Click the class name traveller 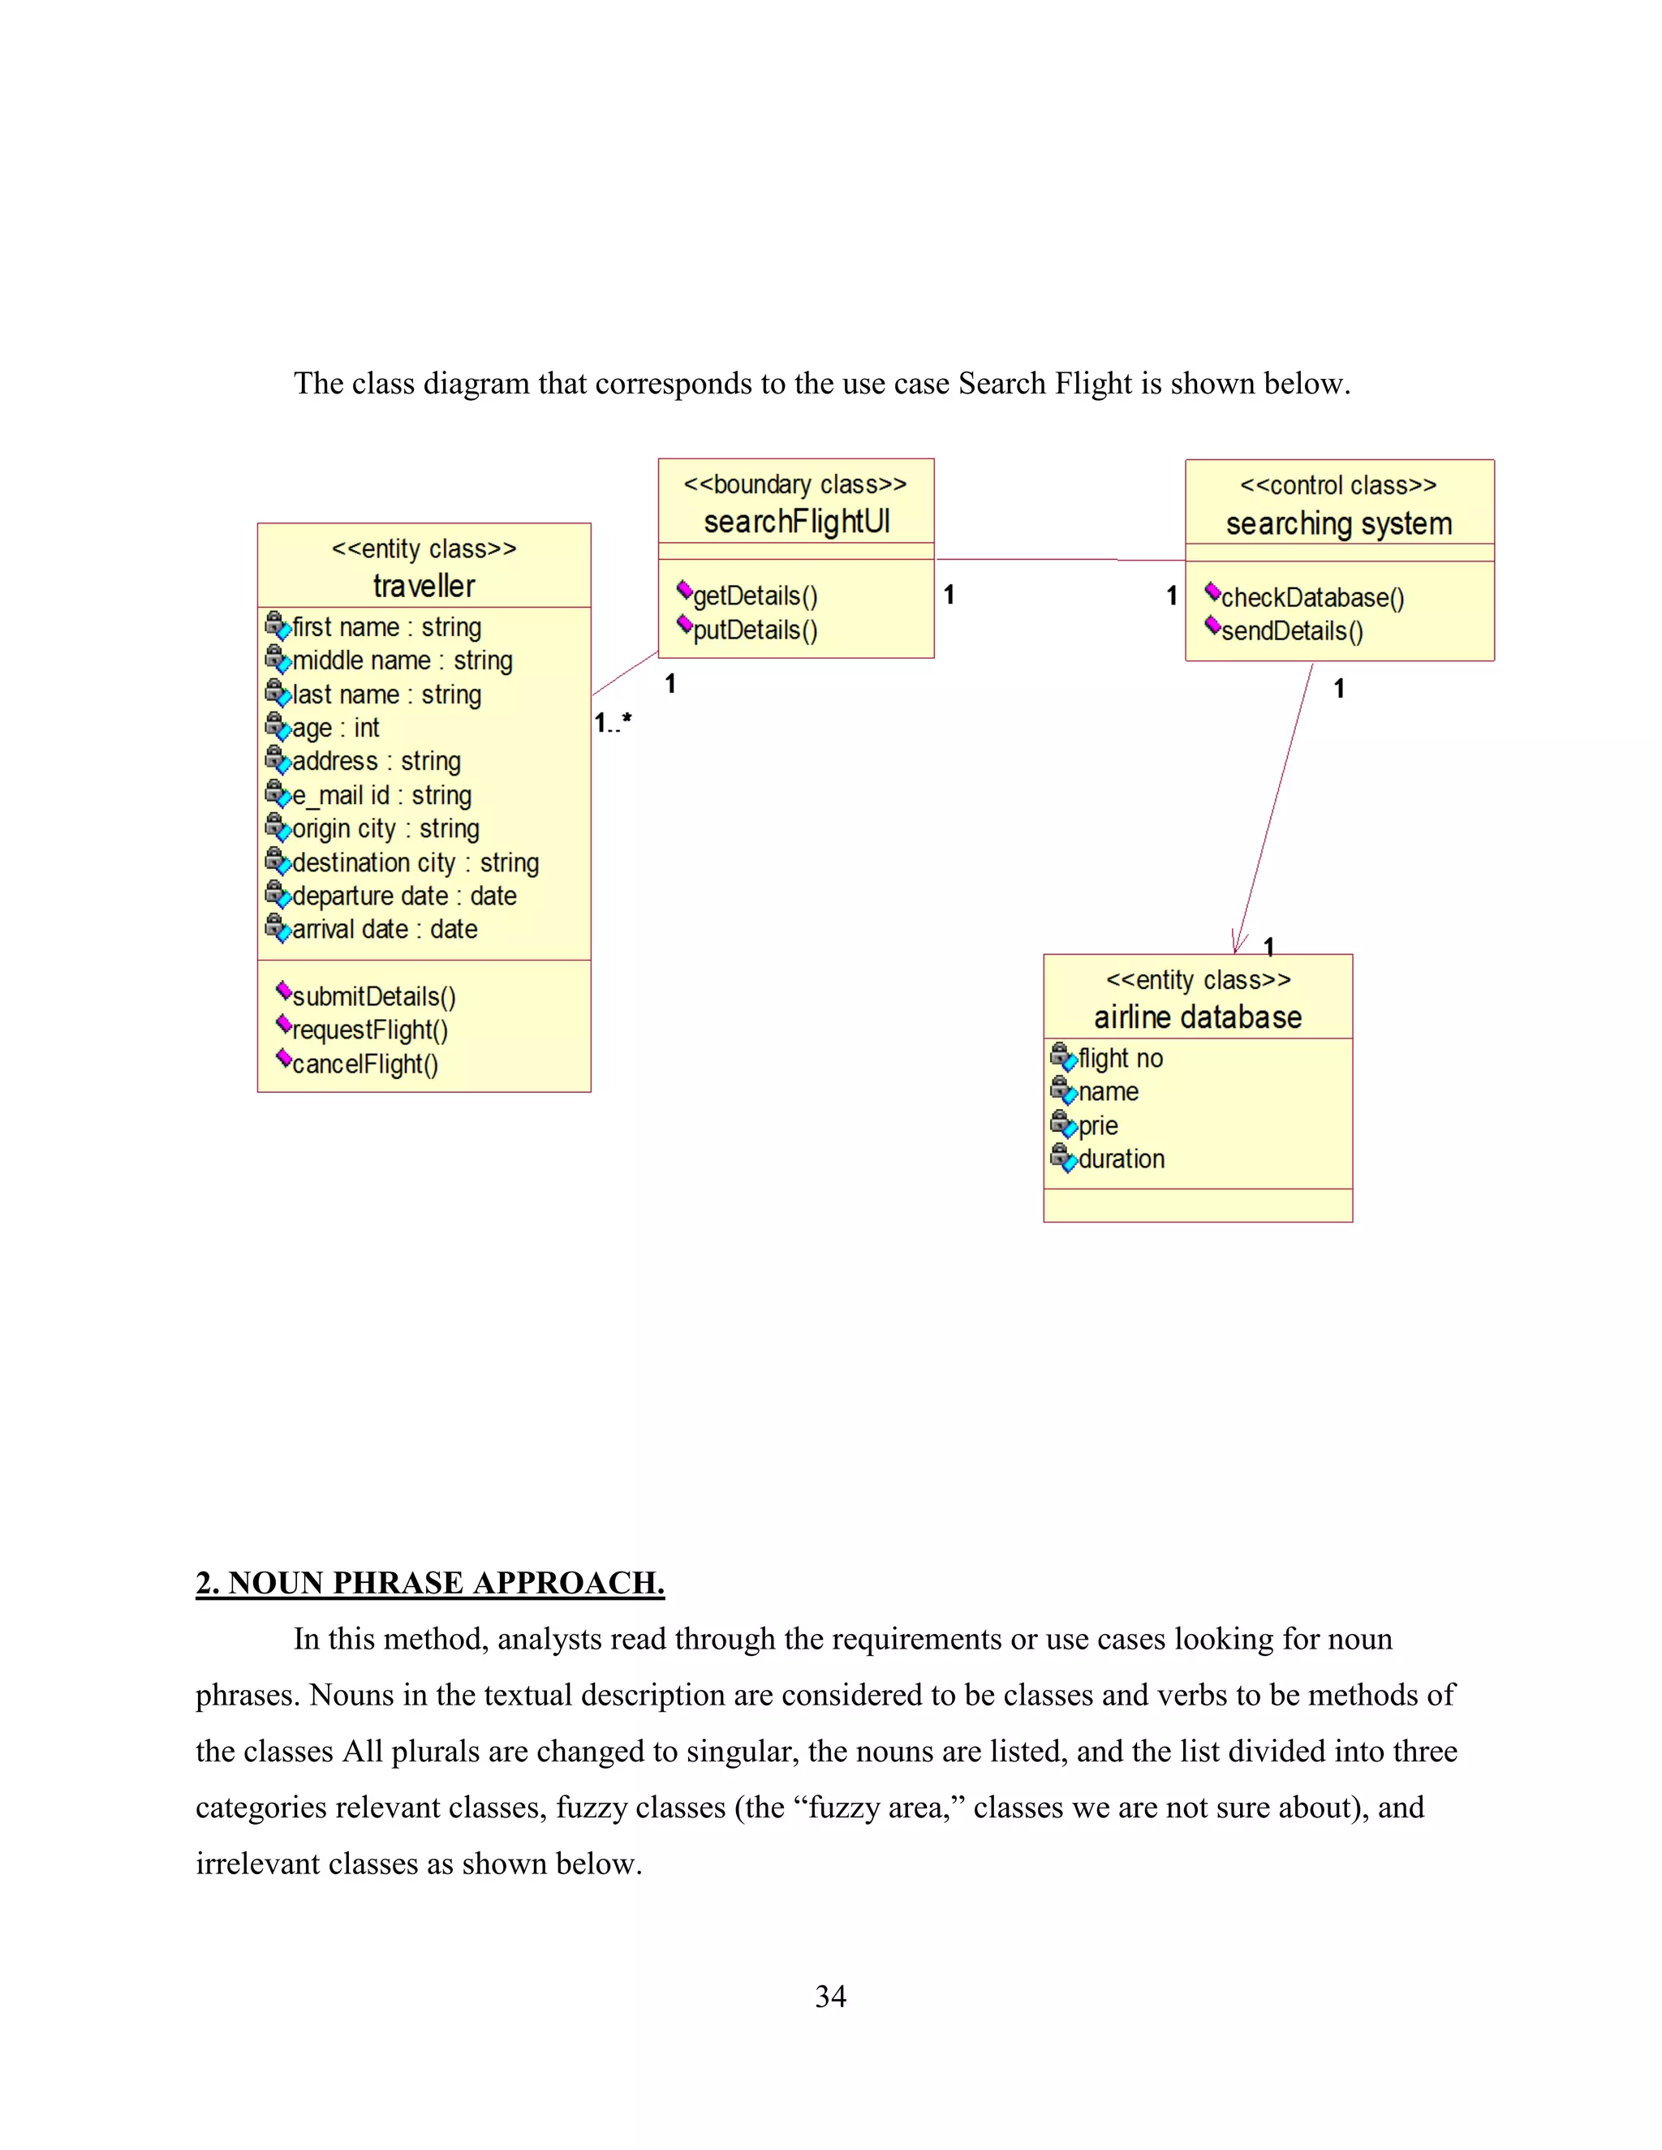(424, 586)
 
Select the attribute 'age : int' (335, 728)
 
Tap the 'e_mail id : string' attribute (381, 794)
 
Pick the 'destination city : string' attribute (415, 862)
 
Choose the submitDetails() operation (373, 996)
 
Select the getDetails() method (754, 596)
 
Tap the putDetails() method (754, 630)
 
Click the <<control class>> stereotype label (1338, 485)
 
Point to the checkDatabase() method (1311, 598)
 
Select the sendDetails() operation (1291, 631)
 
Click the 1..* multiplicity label (613, 724)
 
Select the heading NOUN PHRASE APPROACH (430, 1582)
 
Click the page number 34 (830, 1996)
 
